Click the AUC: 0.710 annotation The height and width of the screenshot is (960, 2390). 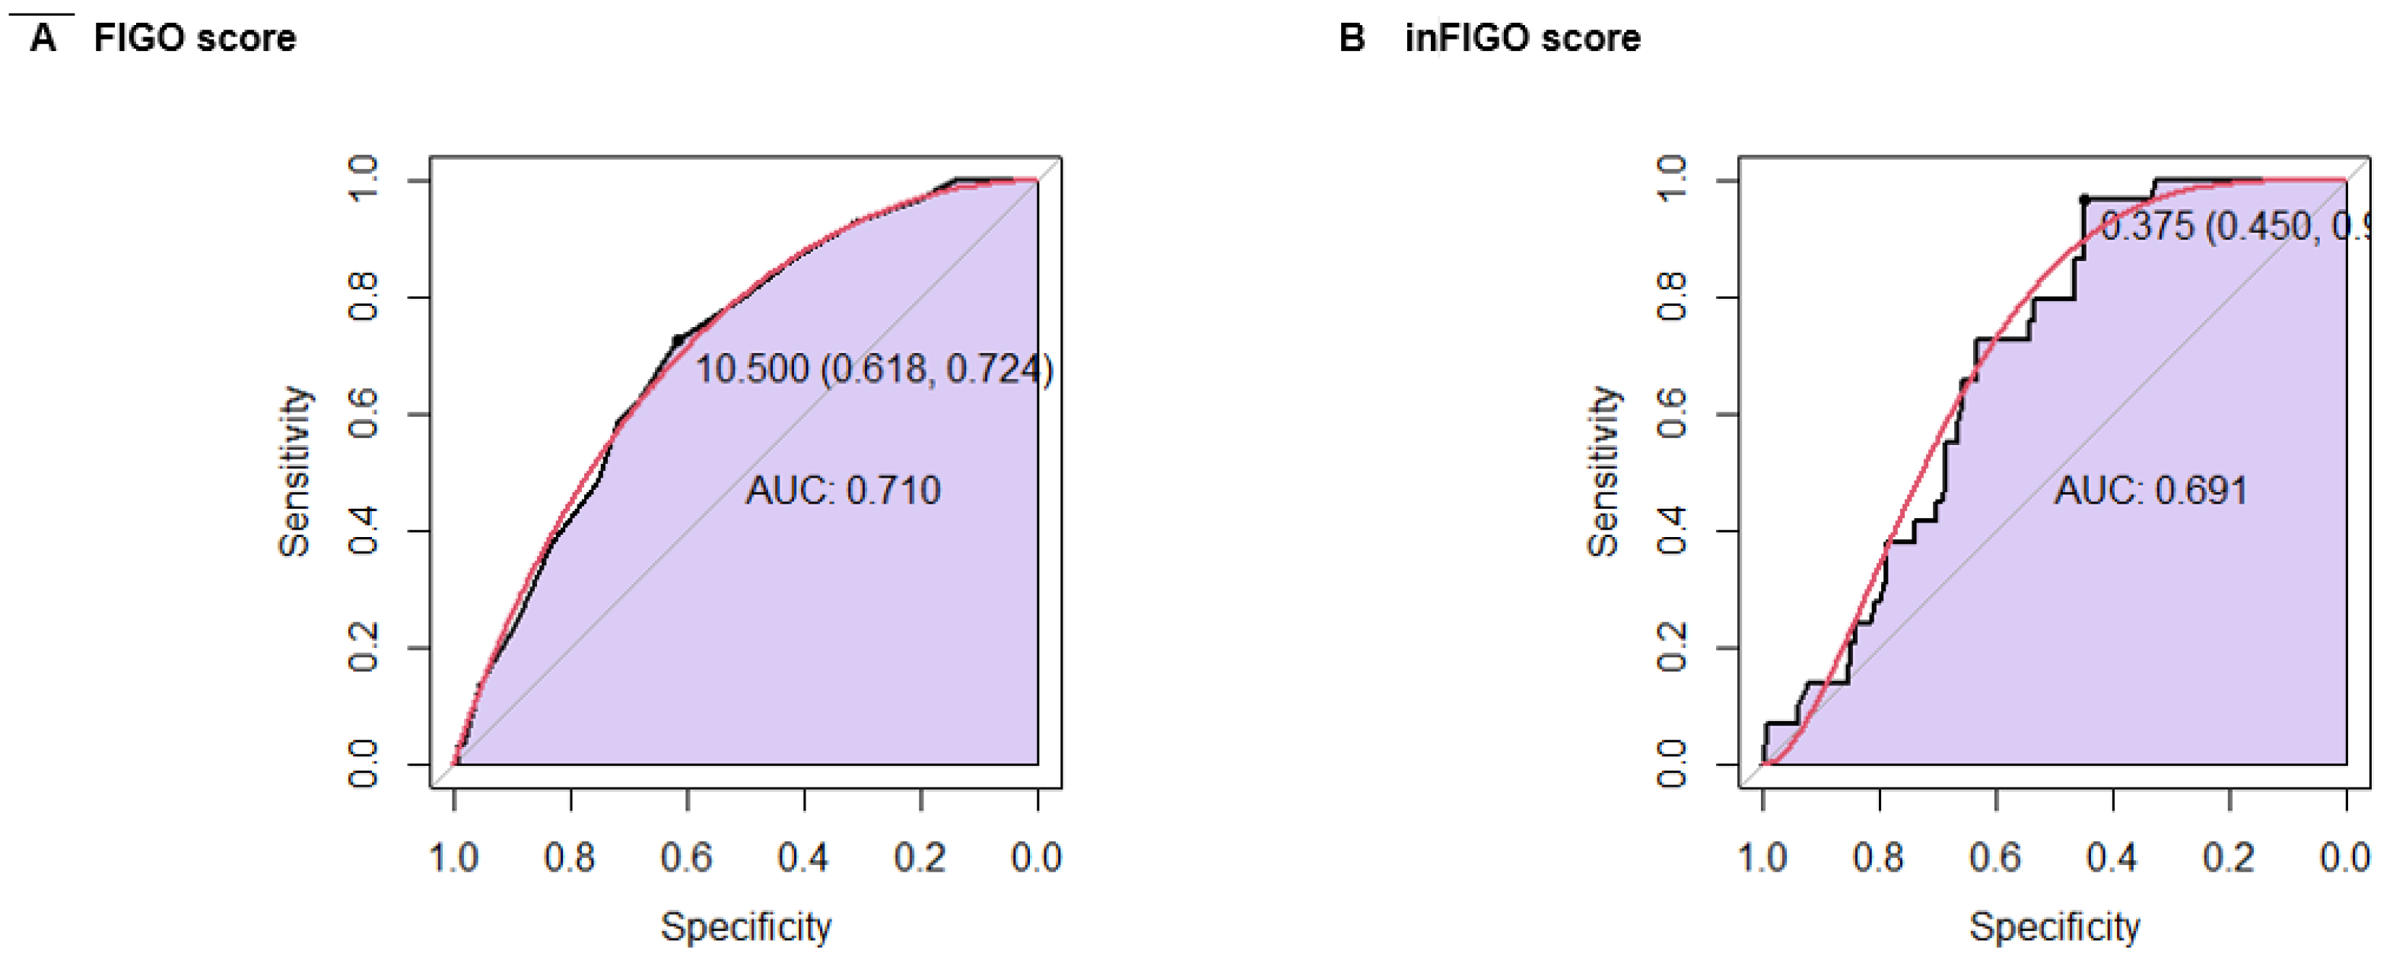click(843, 490)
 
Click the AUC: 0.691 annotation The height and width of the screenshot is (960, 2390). click(2150, 490)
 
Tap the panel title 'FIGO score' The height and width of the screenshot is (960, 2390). click(195, 38)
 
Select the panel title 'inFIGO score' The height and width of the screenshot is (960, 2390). click(1523, 38)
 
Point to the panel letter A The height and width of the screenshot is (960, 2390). click(43, 38)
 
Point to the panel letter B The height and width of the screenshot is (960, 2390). click(1352, 38)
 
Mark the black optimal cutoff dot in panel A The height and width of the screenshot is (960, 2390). click(677, 340)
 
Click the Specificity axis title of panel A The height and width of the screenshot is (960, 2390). click(746, 926)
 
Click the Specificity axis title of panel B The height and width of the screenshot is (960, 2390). click(2054, 926)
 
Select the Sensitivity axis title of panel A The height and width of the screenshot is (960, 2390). click(295, 471)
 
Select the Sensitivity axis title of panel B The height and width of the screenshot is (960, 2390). click(1603, 471)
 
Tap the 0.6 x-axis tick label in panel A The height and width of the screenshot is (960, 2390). click(687, 857)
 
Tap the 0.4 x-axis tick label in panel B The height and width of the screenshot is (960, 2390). click(2112, 857)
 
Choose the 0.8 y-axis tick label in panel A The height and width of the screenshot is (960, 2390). click(363, 297)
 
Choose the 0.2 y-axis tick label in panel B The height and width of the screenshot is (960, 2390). click(1671, 647)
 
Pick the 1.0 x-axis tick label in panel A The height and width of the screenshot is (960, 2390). click(453, 857)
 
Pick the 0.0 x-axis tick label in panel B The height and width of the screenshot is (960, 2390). click(2345, 857)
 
